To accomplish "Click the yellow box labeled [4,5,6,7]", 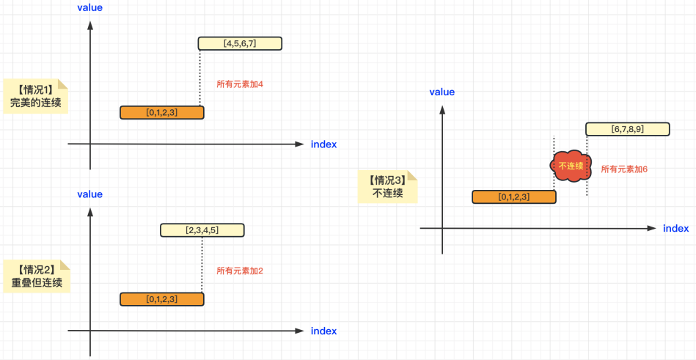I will click(240, 43).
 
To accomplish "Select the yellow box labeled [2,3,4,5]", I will click(202, 230).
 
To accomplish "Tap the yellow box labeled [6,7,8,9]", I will click(627, 129).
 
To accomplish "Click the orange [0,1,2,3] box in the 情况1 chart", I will click(162, 112).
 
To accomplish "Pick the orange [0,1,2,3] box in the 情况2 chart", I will click(162, 299).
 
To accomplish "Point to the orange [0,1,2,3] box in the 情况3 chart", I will click(513, 196).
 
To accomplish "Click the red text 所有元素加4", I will click(240, 84).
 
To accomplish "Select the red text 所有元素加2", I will click(240, 271).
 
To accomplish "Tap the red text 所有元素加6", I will click(624, 169).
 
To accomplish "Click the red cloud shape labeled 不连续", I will click(571, 166).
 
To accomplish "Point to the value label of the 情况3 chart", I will click(442, 92).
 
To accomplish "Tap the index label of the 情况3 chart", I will click(675, 228).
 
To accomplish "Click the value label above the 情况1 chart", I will click(89, 7).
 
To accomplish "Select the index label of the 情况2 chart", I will click(323, 331).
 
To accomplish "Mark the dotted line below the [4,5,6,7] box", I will click(200, 77).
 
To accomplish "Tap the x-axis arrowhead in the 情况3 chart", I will click(651, 229).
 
